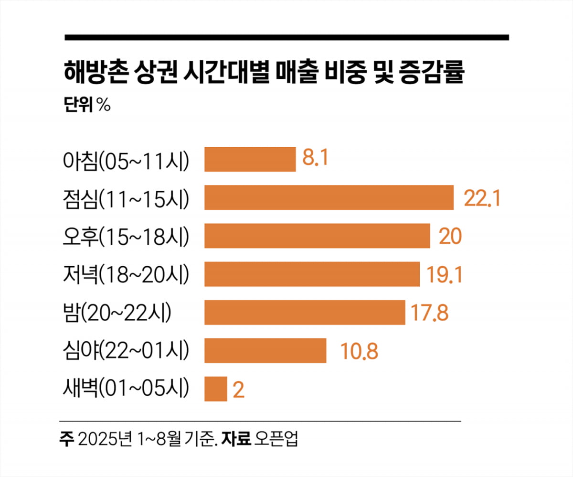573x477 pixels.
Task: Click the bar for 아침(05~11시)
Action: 250,159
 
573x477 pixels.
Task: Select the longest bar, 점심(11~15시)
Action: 329,197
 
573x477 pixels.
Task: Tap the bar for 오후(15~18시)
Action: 317,236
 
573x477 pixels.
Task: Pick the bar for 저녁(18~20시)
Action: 312,274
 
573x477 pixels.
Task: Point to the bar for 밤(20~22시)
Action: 305,312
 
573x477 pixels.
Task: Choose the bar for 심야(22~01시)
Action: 265,350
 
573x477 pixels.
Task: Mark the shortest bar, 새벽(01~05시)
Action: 215,389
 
